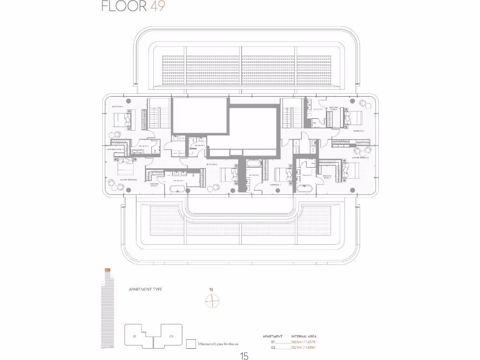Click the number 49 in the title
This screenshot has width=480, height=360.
tap(157, 7)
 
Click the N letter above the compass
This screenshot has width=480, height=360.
tap(211, 290)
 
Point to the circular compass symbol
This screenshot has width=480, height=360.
tap(212, 301)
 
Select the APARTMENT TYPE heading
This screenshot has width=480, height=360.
tap(145, 290)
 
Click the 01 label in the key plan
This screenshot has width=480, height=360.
tap(134, 337)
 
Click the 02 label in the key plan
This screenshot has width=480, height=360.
tap(172, 337)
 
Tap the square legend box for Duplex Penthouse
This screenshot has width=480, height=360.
tap(190, 344)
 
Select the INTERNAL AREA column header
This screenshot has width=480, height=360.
tap(303, 337)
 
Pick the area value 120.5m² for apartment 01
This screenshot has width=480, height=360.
tap(303, 342)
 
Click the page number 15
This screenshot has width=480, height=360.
tap(244, 356)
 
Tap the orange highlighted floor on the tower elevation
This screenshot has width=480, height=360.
tap(107, 270)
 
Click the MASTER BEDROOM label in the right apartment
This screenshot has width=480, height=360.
tap(360, 158)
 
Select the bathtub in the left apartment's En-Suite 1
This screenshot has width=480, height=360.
tap(178, 190)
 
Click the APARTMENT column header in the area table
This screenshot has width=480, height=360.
tap(272, 337)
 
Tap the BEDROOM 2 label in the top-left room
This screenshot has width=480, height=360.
tap(117, 107)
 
